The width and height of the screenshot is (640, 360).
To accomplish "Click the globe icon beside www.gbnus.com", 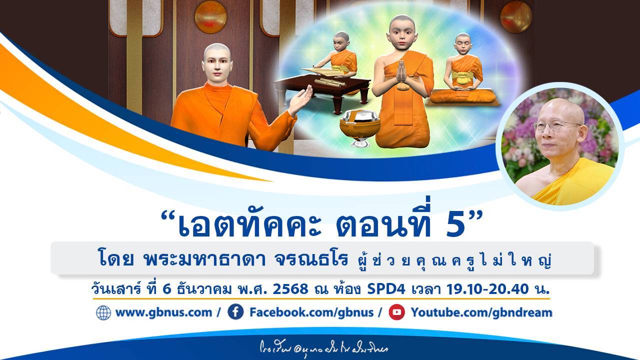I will tap(103, 313).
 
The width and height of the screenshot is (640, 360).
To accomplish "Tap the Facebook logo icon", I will tap(235, 312).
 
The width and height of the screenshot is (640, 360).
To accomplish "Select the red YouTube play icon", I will tap(396, 312).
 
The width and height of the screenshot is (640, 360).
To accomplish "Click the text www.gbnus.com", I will tap(163, 313).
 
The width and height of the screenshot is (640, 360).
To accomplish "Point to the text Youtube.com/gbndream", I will tap(481, 313).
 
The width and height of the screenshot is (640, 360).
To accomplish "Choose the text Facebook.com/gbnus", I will tap(311, 313).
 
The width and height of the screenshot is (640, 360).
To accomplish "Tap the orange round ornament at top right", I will tap(516, 16).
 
